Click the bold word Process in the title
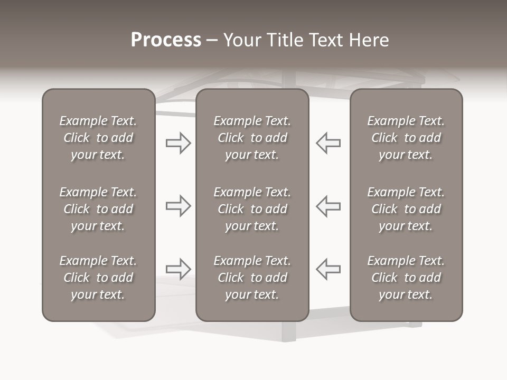click(x=166, y=40)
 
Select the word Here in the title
click(x=368, y=40)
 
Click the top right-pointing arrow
click(x=179, y=143)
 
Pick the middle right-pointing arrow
click(x=179, y=206)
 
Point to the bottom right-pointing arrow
click(x=179, y=269)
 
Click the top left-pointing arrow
click(x=328, y=143)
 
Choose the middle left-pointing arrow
click(x=328, y=206)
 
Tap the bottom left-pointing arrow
click(x=328, y=269)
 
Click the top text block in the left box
click(x=98, y=138)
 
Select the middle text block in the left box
click(x=98, y=209)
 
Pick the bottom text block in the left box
click(x=98, y=278)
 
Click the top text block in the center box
click(x=252, y=138)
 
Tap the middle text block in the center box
click(x=252, y=209)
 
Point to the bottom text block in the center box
click(x=252, y=278)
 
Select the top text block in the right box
click(x=406, y=138)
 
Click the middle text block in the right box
click(x=406, y=209)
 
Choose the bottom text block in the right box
click(x=406, y=278)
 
